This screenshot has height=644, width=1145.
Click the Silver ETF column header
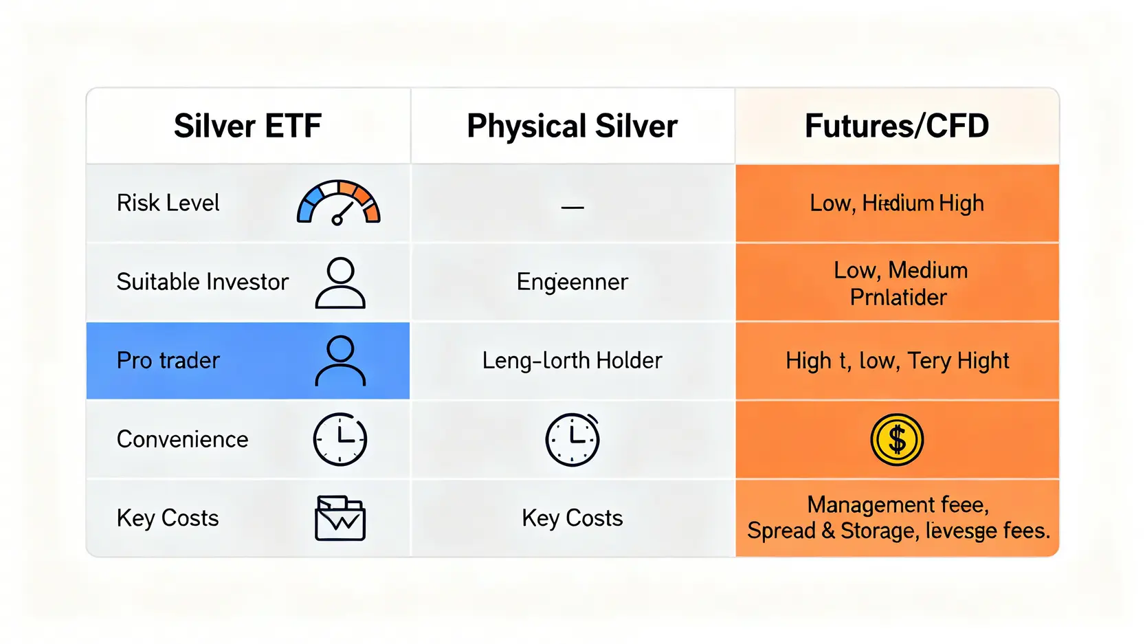click(247, 126)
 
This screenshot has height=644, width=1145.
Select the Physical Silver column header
click(572, 126)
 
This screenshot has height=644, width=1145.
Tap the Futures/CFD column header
click(897, 126)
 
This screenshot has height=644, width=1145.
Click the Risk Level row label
click(168, 203)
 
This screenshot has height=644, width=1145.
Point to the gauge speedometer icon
click(338, 203)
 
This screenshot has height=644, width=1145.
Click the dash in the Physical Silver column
click(572, 207)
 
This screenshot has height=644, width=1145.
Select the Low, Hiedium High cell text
click(897, 203)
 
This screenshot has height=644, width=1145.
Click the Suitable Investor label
click(202, 282)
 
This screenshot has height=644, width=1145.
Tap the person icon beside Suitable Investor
click(340, 282)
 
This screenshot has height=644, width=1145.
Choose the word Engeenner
click(572, 282)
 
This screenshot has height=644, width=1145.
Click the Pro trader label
click(168, 360)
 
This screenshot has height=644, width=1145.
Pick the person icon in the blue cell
click(340, 361)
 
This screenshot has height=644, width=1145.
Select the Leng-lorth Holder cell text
click(572, 360)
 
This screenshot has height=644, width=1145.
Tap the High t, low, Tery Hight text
click(897, 361)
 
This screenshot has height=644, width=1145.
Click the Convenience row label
click(182, 439)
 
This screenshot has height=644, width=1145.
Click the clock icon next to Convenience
click(340, 439)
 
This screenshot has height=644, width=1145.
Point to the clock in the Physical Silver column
click(572, 439)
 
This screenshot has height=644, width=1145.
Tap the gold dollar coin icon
click(897, 439)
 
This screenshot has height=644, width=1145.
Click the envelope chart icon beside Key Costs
click(340, 518)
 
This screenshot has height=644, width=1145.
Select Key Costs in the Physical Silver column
click(572, 518)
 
